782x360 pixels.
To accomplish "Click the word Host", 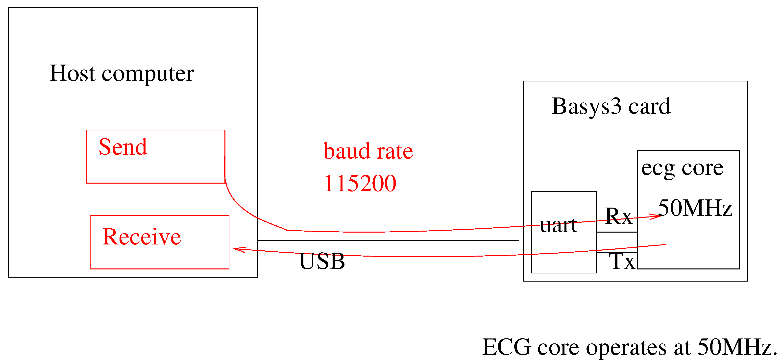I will (x=72, y=73).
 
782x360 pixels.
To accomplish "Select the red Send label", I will (x=123, y=147).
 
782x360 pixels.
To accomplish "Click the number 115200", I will (x=360, y=183).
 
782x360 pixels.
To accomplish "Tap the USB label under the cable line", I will (x=322, y=261).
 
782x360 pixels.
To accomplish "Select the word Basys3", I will (x=586, y=107).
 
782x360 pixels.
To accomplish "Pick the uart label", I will (x=558, y=225).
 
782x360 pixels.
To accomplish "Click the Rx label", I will (x=618, y=216).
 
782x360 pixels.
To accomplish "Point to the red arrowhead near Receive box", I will (x=238, y=249).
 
